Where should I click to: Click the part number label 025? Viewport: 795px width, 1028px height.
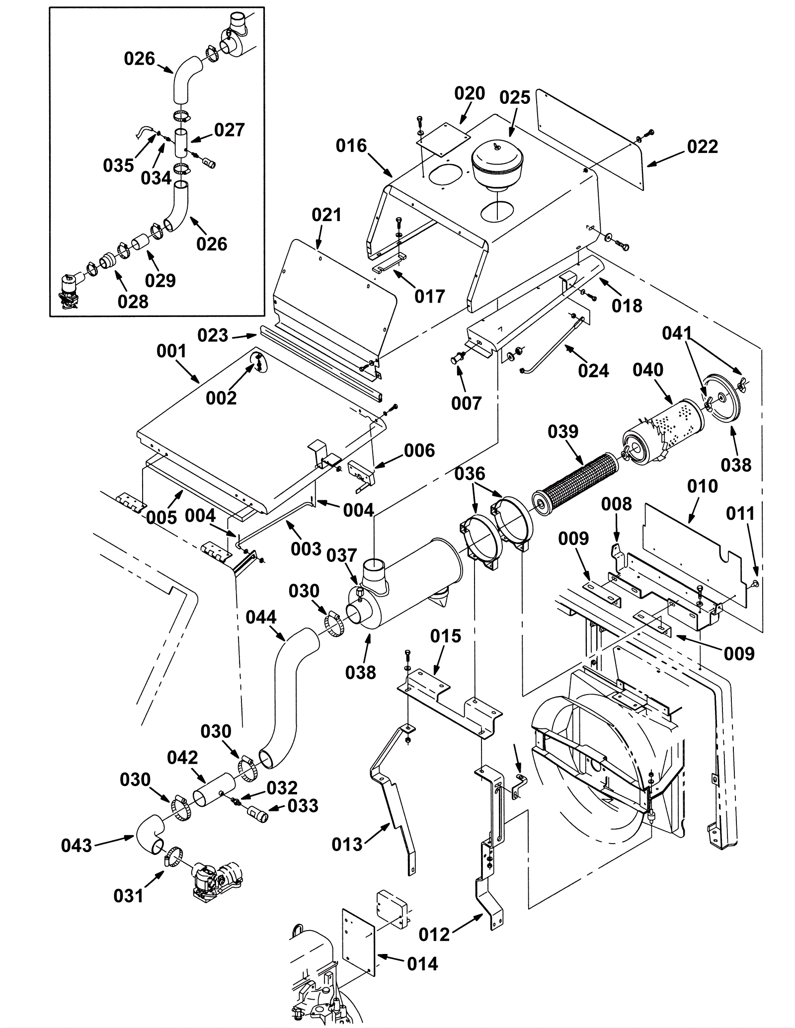point(515,98)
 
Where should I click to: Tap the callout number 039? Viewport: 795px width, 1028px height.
point(563,432)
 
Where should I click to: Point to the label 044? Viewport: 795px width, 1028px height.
point(261,617)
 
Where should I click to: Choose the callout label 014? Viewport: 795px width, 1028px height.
point(422,964)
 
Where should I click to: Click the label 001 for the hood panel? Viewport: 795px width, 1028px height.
point(171,351)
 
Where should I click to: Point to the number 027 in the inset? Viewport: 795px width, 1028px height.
point(230,130)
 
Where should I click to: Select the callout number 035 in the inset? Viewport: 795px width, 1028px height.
point(118,165)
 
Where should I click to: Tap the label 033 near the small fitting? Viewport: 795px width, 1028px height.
point(303,805)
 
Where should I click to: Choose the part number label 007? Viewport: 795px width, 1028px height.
point(466,403)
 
